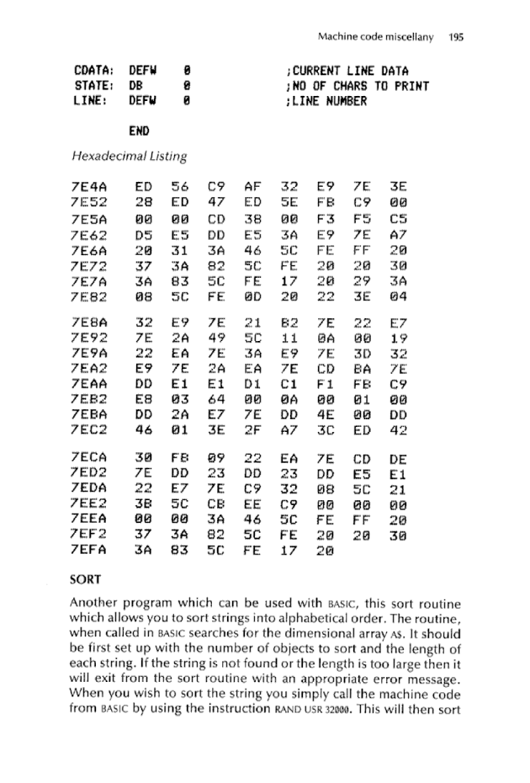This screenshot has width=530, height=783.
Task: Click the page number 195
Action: coord(457,36)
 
